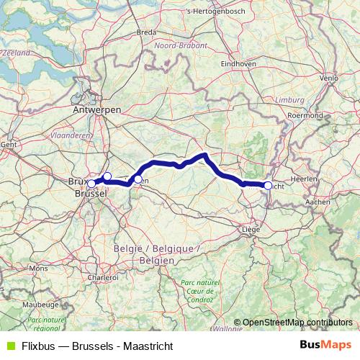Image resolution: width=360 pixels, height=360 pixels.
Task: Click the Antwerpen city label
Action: click(96, 109)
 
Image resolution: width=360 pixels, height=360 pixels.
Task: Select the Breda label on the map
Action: click(146, 32)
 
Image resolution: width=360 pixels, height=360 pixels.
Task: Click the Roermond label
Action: click(305, 115)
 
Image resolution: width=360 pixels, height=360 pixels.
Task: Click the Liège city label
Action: click(251, 230)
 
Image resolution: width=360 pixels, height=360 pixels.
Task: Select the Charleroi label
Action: click(102, 276)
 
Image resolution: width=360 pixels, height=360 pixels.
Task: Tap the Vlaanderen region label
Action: click(71, 135)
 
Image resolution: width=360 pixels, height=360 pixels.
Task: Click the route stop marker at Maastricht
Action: click(268, 186)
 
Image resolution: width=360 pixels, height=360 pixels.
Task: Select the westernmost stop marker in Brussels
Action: click(91, 184)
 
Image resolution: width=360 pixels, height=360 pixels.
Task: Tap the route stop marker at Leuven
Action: click(138, 179)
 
